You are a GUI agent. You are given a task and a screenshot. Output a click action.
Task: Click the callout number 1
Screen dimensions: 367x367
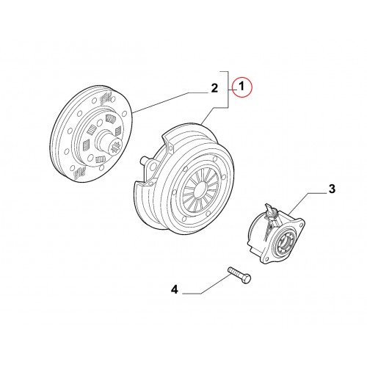241,87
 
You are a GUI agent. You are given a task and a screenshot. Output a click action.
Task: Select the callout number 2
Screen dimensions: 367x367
214,88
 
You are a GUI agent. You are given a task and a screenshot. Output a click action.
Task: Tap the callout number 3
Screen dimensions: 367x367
332,189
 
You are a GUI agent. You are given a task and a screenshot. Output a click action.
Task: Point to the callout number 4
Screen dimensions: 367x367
175,290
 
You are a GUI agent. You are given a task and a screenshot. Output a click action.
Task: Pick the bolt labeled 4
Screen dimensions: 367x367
239,275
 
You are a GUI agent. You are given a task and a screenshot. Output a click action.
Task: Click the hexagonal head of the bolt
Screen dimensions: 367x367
246,279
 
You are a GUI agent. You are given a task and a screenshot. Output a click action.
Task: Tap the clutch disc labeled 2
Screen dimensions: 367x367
92,134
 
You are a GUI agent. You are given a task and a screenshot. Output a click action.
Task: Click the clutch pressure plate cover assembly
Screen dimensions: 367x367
184,178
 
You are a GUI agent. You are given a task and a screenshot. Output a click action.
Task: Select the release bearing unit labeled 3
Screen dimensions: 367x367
276,234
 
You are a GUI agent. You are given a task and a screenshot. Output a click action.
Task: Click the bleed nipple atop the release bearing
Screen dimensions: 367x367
269,209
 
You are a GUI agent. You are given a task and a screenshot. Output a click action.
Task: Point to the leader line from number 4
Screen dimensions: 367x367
207,284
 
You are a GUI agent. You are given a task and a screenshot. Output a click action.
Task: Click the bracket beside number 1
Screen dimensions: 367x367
228,90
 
